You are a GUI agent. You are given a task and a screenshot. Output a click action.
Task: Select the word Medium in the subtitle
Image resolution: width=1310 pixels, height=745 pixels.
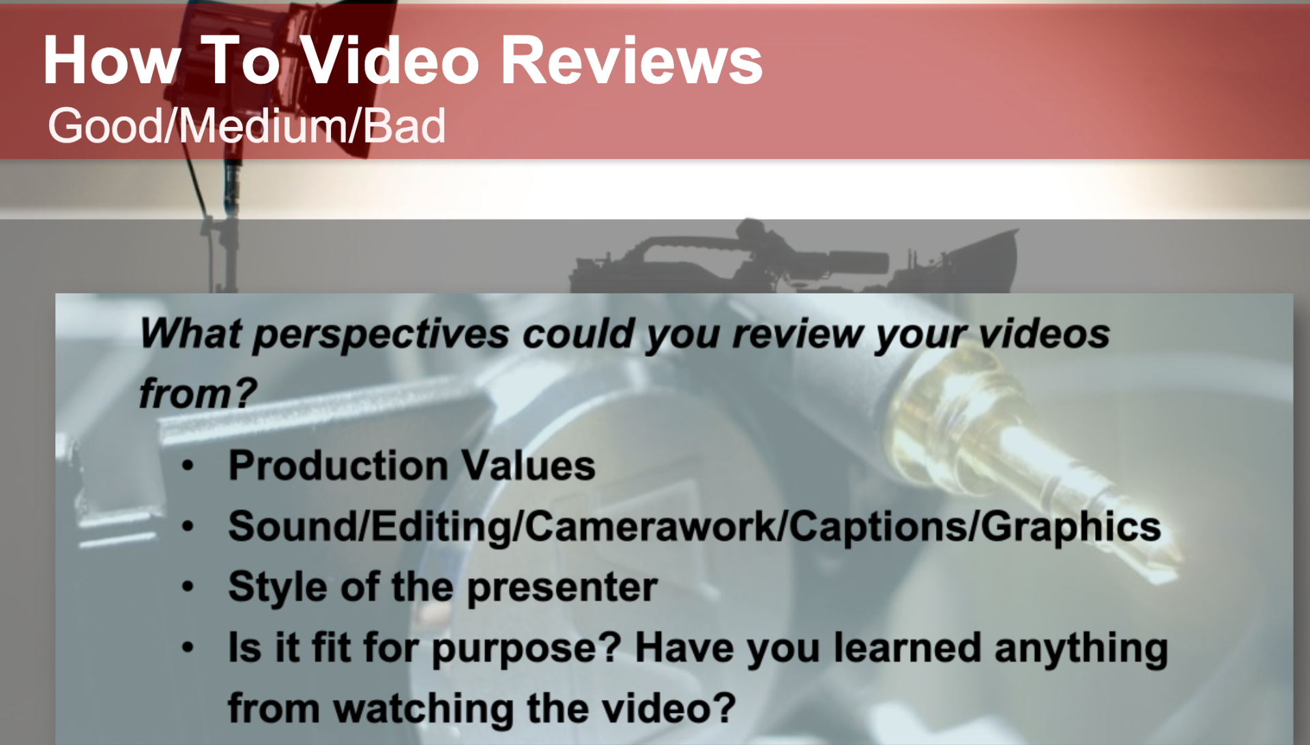[x=263, y=126]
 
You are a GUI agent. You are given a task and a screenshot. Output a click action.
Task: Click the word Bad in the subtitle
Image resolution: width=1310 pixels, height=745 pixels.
[x=404, y=126]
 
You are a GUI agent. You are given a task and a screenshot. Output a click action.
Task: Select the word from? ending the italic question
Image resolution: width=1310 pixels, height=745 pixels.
[x=197, y=394]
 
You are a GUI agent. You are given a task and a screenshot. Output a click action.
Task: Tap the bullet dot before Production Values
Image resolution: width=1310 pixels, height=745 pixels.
[x=188, y=467]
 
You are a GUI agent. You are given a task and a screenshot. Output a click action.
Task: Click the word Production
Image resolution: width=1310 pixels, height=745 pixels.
[x=338, y=466]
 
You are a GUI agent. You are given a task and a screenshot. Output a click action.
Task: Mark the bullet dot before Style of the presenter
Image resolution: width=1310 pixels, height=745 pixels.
[x=188, y=587]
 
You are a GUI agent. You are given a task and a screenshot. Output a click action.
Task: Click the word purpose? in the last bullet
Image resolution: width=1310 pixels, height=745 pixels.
[x=526, y=649]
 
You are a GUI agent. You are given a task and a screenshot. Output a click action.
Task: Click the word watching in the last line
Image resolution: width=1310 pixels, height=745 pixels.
[x=423, y=708]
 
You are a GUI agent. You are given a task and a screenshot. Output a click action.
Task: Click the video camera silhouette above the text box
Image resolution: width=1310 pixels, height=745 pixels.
[x=791, y=259]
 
